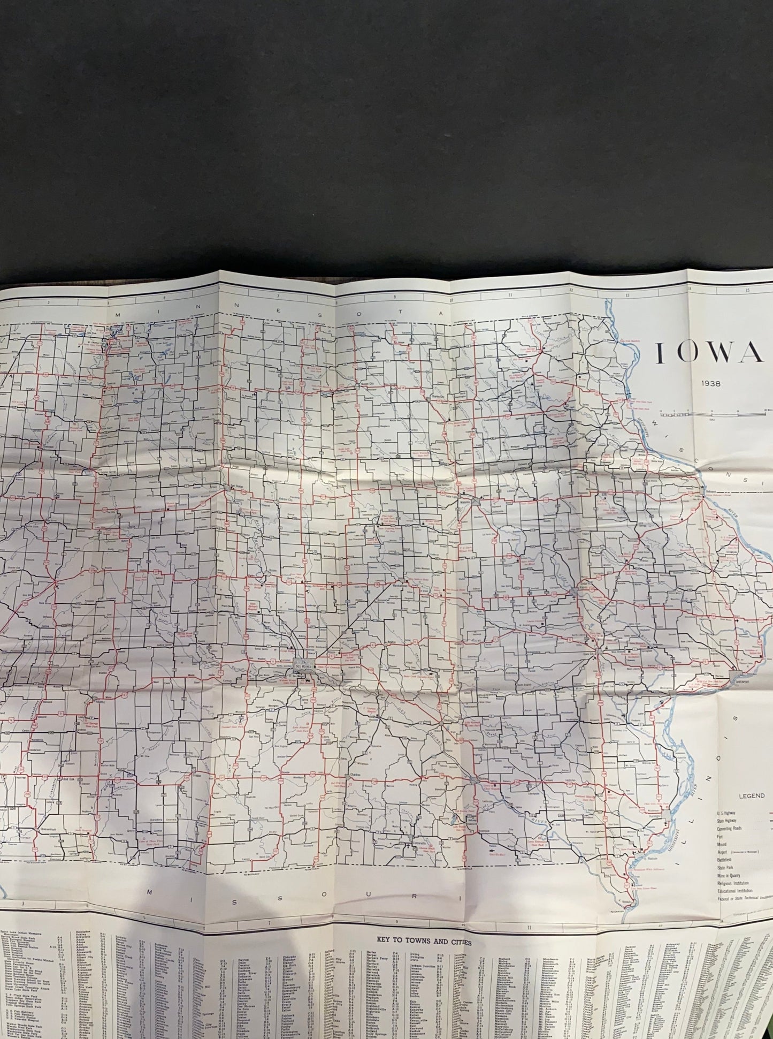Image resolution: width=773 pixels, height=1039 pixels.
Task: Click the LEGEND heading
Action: [752, 796]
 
